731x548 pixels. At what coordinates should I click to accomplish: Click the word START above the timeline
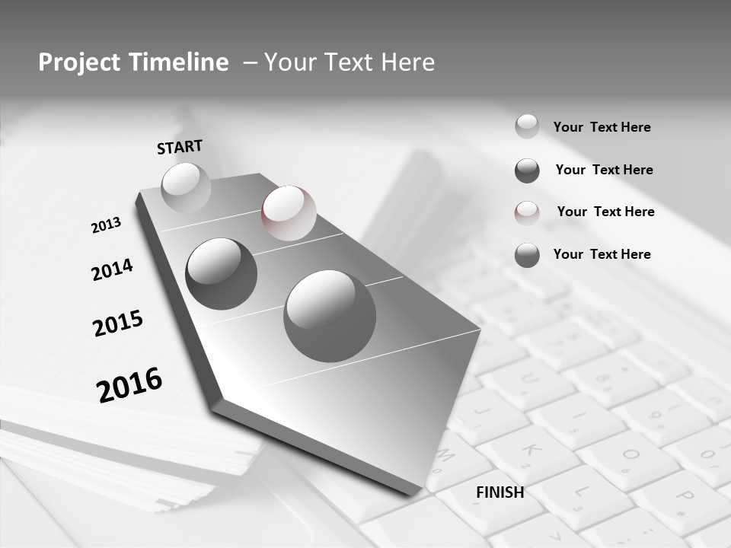point(180,147)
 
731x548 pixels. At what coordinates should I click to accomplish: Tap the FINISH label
point(500,492)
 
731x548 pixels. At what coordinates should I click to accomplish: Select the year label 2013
point(106,225)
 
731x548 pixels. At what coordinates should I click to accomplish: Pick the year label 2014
point(112,269)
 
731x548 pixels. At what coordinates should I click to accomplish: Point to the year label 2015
point(118,323)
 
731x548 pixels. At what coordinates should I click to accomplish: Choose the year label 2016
point(129,384)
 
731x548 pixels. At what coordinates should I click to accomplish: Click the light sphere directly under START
point(186,188)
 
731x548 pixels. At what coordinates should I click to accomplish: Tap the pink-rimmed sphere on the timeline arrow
point(289,213)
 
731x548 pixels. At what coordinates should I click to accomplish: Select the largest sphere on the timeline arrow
point(330,316)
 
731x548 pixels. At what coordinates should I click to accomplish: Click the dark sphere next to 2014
point(222,274)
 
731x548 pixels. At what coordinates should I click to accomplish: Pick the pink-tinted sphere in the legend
point(527,213)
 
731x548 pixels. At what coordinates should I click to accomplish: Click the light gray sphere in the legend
point(527,126)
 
